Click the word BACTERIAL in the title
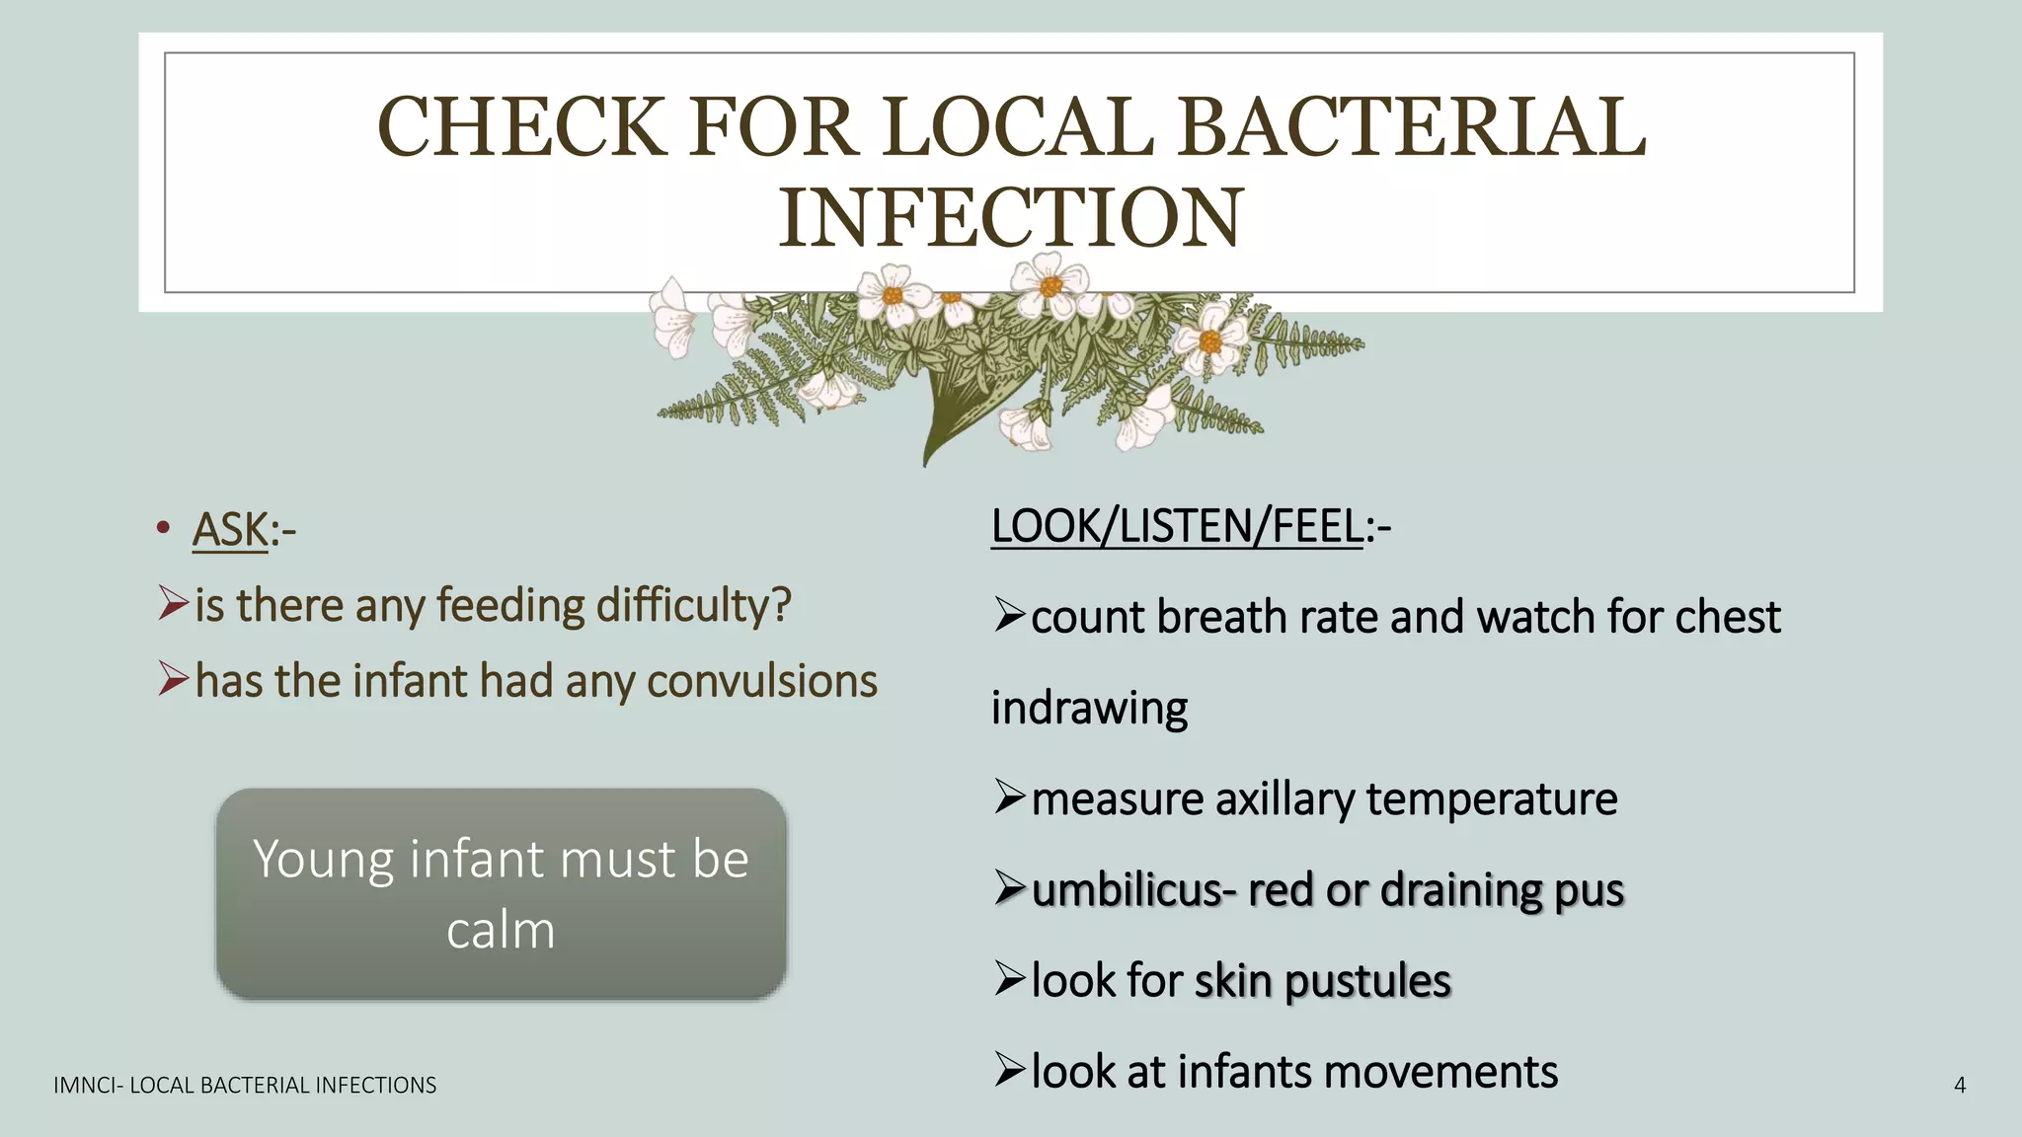[x=1412, y=128]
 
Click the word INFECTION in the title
[x=1010, y=219]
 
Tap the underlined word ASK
[x=230, y=530]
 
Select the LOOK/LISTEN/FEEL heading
[x=1177, y=526]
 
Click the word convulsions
[x=761, y=682]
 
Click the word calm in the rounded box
[x=501, y=931]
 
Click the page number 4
[x=1960, y=1086]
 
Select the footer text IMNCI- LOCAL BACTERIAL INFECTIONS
[x=245, y=1086]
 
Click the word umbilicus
[x=1128, y=890]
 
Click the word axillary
[x=1284, y=799]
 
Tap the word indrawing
[x=1089, y=709]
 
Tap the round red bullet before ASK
[x=163, y=528]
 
